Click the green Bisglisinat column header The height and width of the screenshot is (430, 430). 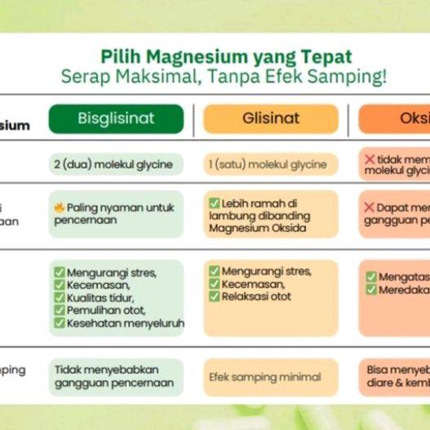116,119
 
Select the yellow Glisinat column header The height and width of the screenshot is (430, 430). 270,119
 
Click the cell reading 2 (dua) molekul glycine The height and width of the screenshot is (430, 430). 115,164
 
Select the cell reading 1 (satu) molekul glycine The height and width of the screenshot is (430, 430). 269,164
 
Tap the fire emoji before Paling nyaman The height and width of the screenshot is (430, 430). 59,208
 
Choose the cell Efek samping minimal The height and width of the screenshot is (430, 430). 265,377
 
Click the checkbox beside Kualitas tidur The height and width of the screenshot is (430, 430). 59,298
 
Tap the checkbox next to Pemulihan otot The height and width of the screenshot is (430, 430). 59,311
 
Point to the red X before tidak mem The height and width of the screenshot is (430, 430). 370,159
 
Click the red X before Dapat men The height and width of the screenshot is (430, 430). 370,208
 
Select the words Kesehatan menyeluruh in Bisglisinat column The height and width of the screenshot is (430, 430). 125,324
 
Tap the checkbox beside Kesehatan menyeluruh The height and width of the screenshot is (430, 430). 59,324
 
